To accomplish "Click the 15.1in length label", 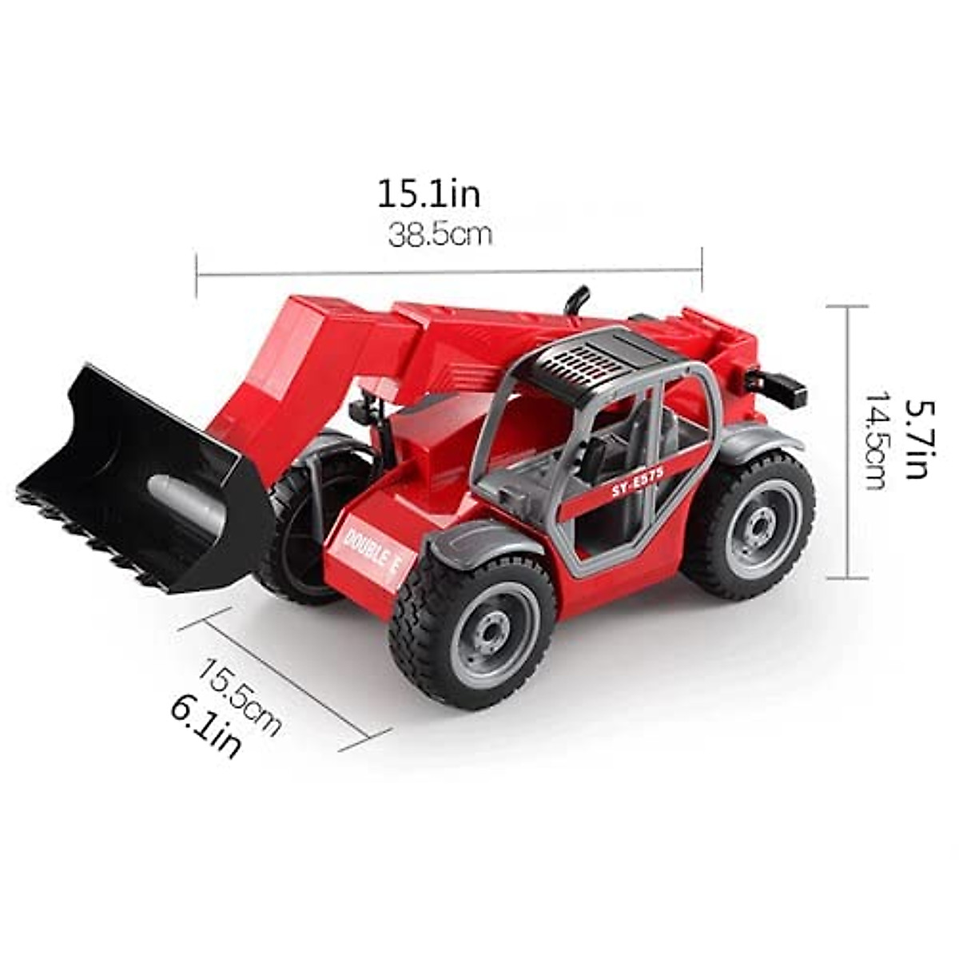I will [428, 194].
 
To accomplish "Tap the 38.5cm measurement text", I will [440, 235].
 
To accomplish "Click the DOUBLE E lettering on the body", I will [371, 549].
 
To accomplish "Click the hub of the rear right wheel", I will [749, 523].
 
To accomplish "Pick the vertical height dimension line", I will [847, 441].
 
